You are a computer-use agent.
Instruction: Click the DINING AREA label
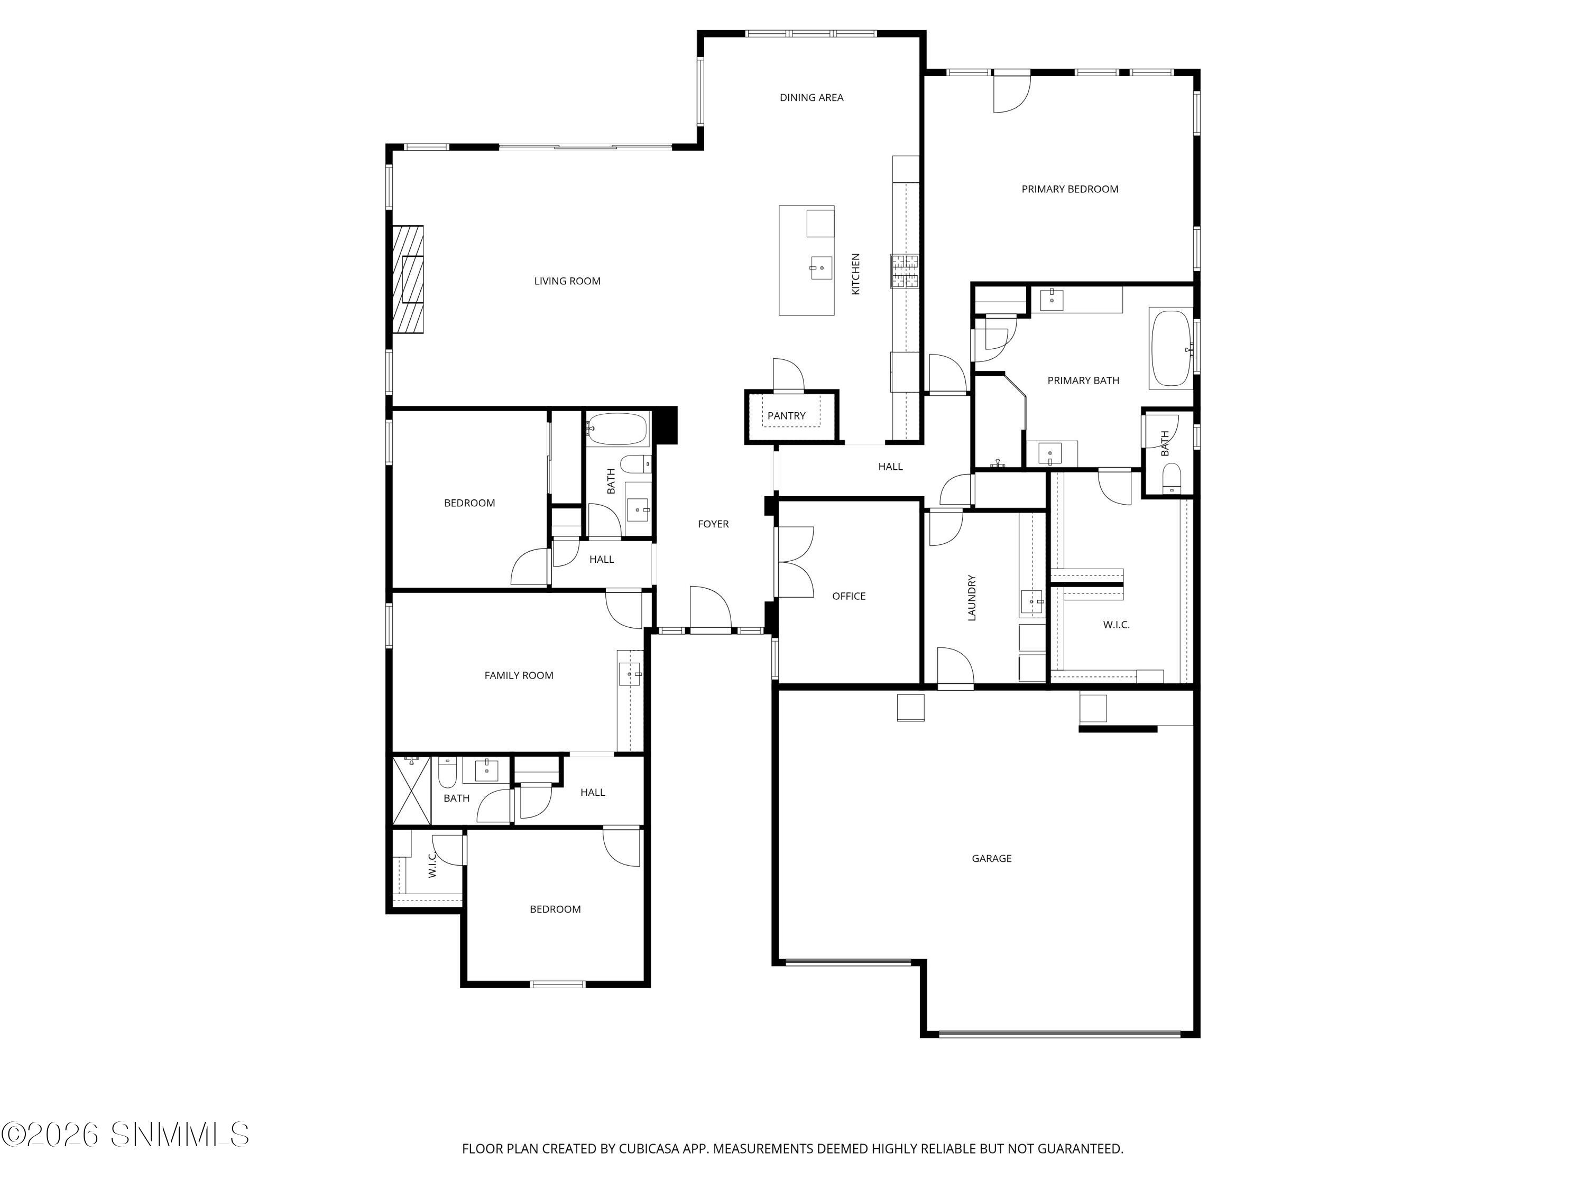[811, 97]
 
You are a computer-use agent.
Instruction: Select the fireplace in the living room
[407, 279]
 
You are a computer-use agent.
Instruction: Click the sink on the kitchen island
[821, 268]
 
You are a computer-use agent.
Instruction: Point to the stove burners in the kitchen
[905, 271]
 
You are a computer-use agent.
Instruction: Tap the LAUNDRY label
[972, 597]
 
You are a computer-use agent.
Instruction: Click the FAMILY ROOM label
[519, 675]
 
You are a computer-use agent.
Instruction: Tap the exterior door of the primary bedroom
[1011, 92]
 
